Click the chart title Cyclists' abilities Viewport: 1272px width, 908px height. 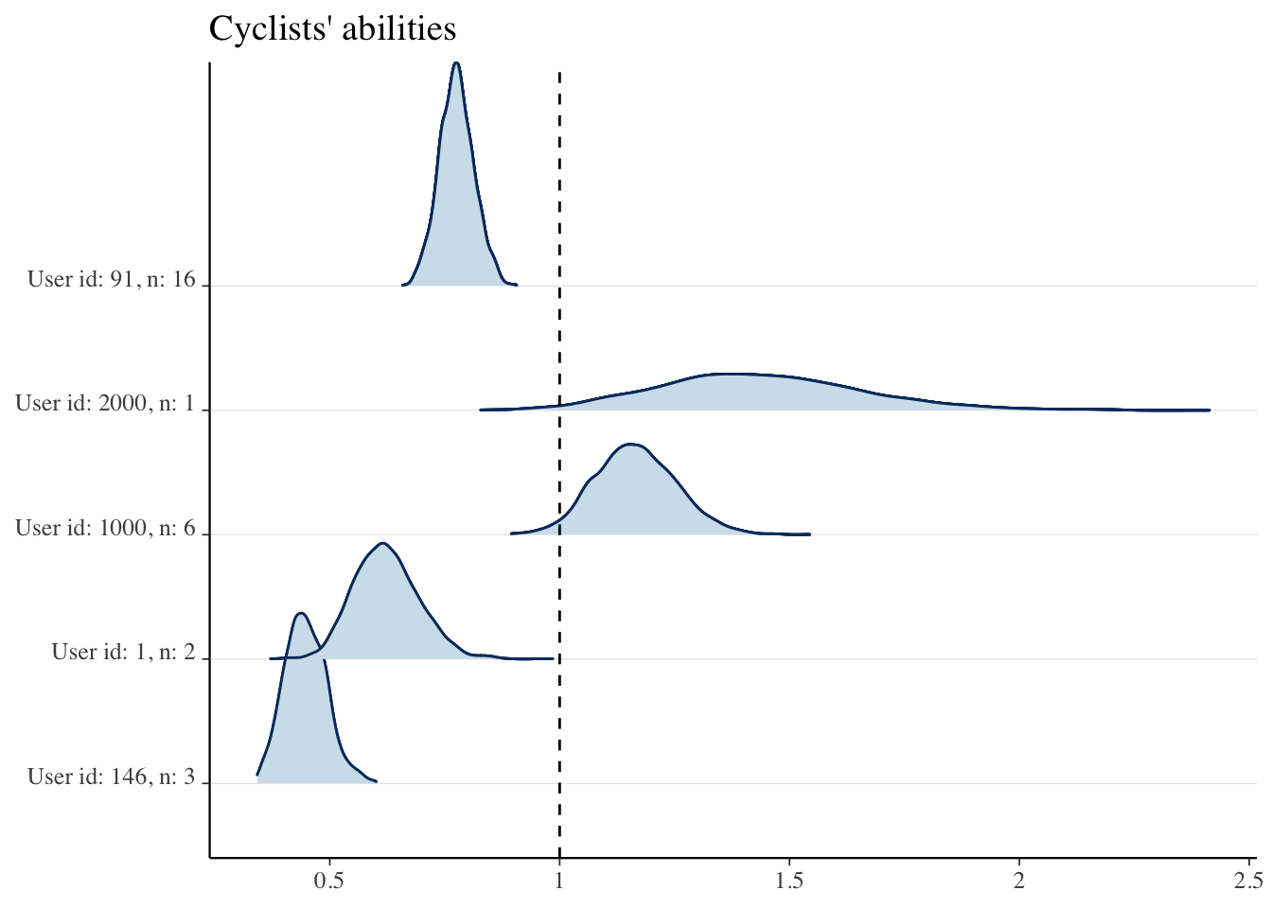(x=332, y=28)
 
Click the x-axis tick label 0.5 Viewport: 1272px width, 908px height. (x=328, y=882)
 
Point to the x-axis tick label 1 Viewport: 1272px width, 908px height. (x=559, y=882)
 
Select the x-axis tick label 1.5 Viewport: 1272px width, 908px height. (x=789, y=882)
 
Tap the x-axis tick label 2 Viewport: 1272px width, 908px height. (x=1019, y=882)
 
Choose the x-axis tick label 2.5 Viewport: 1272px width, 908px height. (x=1248, y=882)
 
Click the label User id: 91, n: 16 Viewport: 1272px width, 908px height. (x=112, y=279)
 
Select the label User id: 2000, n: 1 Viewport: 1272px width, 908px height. (x=105, y=404)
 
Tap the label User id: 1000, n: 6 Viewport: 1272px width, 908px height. (x=105, y=528)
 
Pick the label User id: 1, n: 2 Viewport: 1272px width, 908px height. (x=123, y=652)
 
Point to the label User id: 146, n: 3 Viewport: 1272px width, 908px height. (x=112, y=777)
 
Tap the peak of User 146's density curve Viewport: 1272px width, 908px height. (x=301, y=614)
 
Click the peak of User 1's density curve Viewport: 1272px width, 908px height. (x=382, y=543)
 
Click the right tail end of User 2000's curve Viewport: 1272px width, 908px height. (x=1209, y=410)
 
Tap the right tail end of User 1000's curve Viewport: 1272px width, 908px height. (x=809, y=534)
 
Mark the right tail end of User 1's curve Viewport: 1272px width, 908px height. (x=552, y=658)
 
